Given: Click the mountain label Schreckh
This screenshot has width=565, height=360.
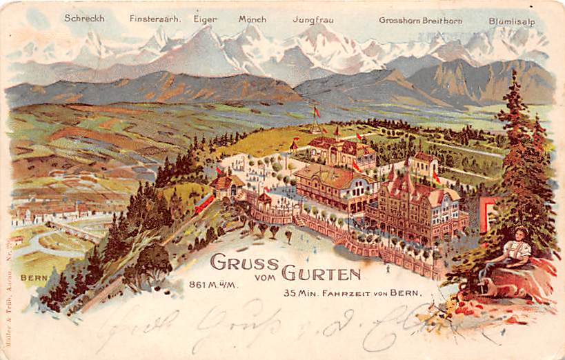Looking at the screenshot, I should click(x=84, y=19).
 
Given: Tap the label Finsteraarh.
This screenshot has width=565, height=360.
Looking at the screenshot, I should click(x=155, y=19).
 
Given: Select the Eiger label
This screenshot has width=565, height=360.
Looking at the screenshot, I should click(x=205, y=19).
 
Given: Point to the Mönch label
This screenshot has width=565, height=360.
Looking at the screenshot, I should click(x=252, y=19).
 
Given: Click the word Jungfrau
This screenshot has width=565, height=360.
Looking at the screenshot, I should click(x=313, y=20).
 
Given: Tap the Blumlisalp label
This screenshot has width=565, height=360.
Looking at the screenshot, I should click(x=512, y=21).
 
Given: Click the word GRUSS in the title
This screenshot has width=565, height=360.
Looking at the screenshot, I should click(x=244, y=263).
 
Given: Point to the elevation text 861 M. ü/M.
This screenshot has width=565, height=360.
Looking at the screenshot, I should click(x=214, y=283).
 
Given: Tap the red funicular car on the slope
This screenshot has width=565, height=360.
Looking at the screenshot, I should click(x=204, y=203).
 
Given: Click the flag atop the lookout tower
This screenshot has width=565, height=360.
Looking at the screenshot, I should click(x=317, y=111).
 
